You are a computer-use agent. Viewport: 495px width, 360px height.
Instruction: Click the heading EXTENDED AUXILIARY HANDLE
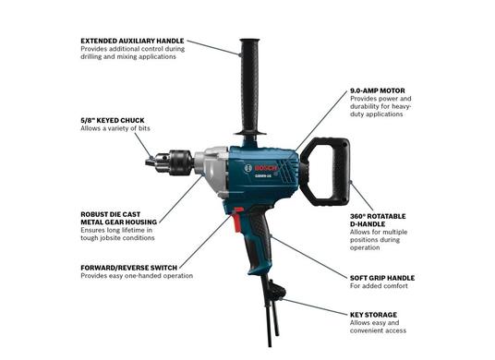[x=132, y=41]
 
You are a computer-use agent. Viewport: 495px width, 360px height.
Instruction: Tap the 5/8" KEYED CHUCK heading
[x=113, y=121]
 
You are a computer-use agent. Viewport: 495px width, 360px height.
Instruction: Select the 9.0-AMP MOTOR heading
[x=377, y=90]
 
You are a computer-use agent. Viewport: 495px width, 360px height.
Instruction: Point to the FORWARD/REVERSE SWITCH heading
[x=128, y=268]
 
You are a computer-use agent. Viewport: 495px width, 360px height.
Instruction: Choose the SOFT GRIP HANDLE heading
[x=382, y=278]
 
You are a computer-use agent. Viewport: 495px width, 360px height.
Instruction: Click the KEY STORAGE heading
[x=373, y=315]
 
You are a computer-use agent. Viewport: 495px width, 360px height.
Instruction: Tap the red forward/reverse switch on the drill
[x=237, y=219]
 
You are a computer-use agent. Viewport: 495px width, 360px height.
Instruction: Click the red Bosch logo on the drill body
[x=265, y=168]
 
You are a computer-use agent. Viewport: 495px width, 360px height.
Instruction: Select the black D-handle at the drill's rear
[x=343, y=172]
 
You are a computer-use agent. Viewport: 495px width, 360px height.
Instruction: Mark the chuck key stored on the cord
[x=276, y=292]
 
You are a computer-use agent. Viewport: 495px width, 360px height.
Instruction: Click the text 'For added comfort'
[x=379, y=286]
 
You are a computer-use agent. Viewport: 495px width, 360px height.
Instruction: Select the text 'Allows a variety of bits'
[x=115, y=128]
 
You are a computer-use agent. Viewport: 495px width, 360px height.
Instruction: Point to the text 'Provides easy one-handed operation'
[x=137, y=276]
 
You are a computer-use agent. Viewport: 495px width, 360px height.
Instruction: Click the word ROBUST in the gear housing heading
[x=94, y=214]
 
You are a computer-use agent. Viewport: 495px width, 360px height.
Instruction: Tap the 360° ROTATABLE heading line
[x=378, y=216]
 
